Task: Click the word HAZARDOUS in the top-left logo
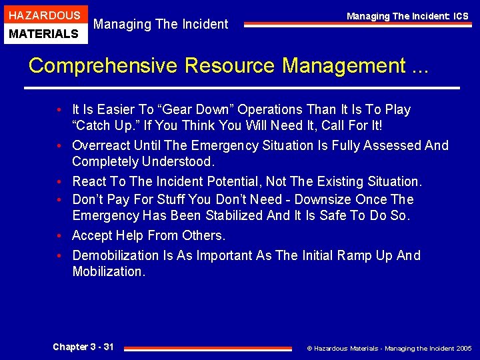(x=44, y=15)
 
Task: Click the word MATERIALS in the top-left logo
(x=44, y=33)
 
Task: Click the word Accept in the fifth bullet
(x=92, y=235)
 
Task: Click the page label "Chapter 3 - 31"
(x=83, y=347)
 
